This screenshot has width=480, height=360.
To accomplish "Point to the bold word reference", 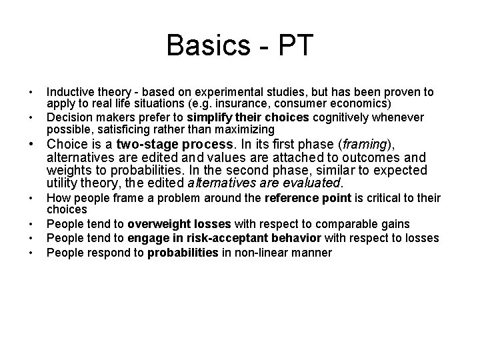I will tap(291, 197).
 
